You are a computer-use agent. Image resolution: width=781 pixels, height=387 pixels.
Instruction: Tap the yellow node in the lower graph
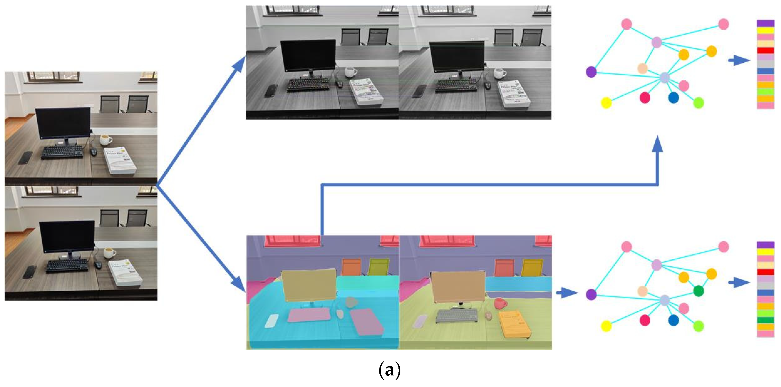pyautogui.click(x=606, y=326)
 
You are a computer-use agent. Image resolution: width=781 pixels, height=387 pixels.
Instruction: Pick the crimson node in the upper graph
pyautogui.click(x=645, y=98)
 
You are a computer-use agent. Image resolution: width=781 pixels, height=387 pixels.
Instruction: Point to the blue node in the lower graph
pyautogui.click(x=673, y=320)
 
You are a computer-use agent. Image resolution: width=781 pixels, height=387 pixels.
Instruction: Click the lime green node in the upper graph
pyautogui.click(x=699, y=103)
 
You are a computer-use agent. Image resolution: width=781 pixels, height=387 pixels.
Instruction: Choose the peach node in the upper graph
pyautogui.click(x=642, y=68)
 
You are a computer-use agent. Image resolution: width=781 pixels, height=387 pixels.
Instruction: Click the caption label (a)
pyautogui.click(x=390, y=370)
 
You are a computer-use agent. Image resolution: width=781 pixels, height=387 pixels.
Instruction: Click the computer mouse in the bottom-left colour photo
pyautogui.click(x=98, y=265)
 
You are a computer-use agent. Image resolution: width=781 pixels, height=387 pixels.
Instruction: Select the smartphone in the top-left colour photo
pyautogui.click(x=25, y=157)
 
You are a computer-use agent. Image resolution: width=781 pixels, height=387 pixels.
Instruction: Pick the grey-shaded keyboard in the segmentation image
pyautogui.click(x=457, y=316)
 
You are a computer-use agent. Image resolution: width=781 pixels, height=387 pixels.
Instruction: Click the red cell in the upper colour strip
pyautogui.click(x=765, y=51)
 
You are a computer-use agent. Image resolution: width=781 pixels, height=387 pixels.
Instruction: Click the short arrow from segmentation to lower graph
pyautogui.click(x=567, y=293)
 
